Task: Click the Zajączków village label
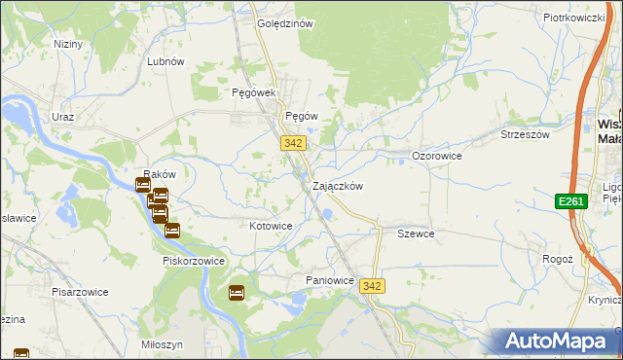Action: coord(338,186)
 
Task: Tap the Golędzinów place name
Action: coord(283,23)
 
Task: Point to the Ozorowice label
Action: coord(436,156)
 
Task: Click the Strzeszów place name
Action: coord(525,134)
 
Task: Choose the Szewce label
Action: coord(416,234)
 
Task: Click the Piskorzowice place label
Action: coord(194,261)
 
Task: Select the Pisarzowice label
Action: coord(80,292)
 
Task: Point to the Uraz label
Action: coord(63,117)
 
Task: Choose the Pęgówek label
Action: coord(255,92)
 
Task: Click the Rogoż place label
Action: coord(557,260)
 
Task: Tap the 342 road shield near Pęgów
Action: coord(295,143)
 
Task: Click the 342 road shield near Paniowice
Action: coord(371,286)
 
